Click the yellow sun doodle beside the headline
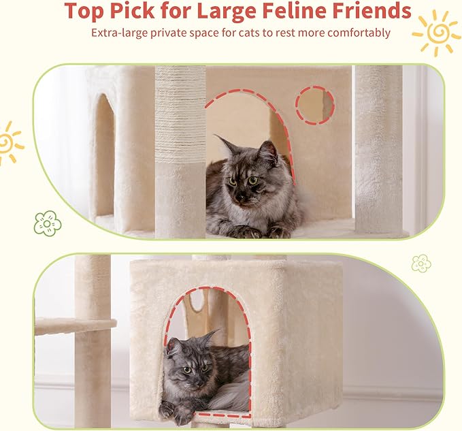(435, 32)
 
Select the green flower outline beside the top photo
(47, 222)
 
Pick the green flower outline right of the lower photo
(421, 263)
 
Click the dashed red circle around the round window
(314, 105)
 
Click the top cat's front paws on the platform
(262, 231)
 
